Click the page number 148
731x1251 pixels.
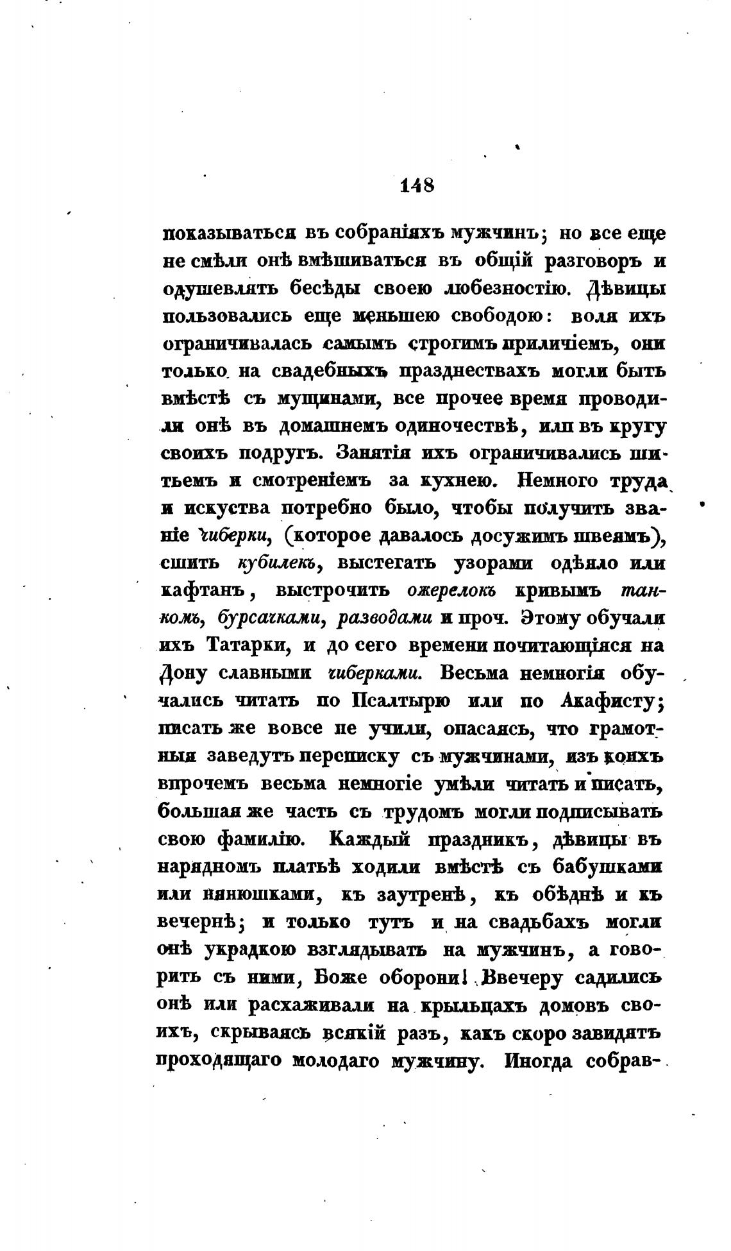(x=417, y=185)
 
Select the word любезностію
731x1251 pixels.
(x=505, y=289)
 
